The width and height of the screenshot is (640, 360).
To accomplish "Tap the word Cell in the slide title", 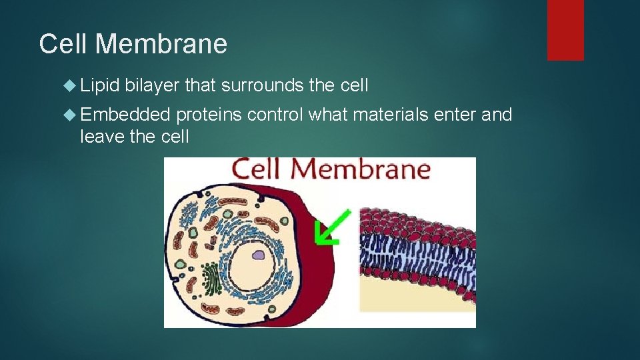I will (x=64, y=45).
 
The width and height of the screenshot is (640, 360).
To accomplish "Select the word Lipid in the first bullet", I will (x=99, y=85).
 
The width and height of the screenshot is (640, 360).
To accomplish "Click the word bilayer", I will (x=152, y=85).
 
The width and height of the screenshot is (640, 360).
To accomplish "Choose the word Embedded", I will (x=125, y=115).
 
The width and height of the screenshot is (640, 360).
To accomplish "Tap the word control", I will (x=275, y=115).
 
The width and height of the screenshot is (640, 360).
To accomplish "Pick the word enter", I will (x=455, y=115).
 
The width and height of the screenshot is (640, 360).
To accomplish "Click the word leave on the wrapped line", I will (x=101, y=137).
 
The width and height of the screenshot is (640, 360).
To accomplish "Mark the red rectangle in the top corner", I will (x=565, y=30).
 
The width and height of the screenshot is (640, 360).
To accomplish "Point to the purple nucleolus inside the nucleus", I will (x=257, y=254).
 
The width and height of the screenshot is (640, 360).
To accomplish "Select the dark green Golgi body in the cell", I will (x=212, y=279).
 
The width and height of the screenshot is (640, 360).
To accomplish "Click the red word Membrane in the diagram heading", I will (x=360, y=169).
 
